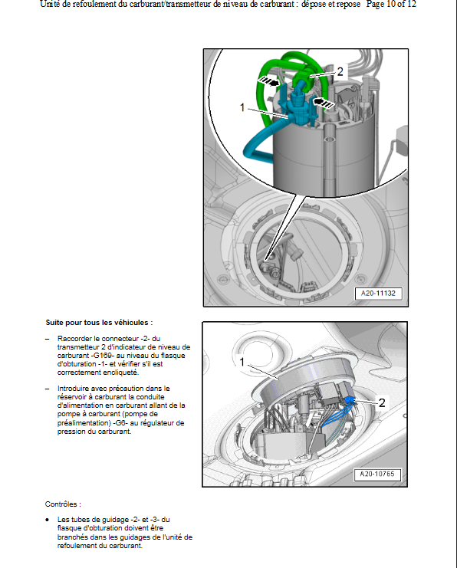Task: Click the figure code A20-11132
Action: (x=378, y=293)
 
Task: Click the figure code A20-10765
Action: (x=377, y=474)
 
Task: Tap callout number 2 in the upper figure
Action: (x=340, y=72)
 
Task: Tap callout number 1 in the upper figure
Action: (x=242, y=107)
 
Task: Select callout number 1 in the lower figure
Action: (x=242, y=362)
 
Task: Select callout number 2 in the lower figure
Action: (x=382, y=402)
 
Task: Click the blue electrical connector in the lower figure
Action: (x=350, y=401)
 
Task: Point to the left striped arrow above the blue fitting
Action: (x=268, y=81)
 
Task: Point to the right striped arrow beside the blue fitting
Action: (x=323, y=103)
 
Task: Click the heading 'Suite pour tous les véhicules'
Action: (x=99, y=323)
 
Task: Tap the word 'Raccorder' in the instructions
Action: (x=74, y=339)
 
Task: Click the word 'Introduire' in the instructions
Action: (x=73, y=389)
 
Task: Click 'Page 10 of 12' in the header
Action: (x=391, y=5)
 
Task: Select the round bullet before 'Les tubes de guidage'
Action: (x=48, y=520)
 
